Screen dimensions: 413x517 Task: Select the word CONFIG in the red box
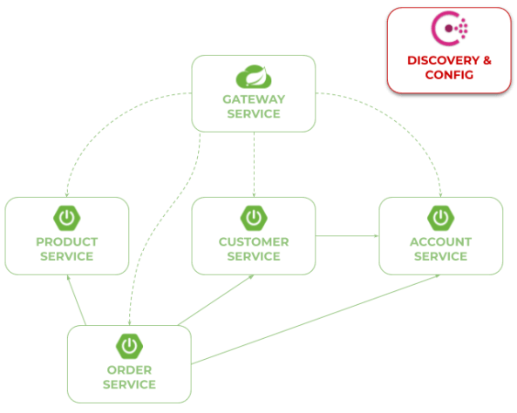pyautogui.click(x=449, y=75)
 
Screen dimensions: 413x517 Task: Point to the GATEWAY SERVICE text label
pyautogui.click(x=253, y=106)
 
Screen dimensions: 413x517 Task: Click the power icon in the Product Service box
pyautogui.click(x=66, y=217)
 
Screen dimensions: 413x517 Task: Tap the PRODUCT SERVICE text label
pyautogui.click(x=66, y=248)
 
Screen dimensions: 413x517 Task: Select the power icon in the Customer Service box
pyautogui.click(x=253, y=217)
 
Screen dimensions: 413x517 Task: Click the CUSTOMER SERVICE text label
pyautogui.click(x=253, y=248)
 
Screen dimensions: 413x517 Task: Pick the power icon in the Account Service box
pyautogui.click(x=440, y=217)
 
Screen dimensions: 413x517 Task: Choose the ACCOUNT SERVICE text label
pyautogui.click(x=440, y=248)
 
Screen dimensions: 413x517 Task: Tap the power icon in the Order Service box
pyautogui.click(x=129, y=346)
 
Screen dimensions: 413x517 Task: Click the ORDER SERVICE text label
pyautogui.click(x=129, y=376)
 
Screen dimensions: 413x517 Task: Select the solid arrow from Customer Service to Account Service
pyautogui.click(x=346, y=235)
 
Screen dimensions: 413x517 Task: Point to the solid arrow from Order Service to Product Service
pyautogui.click(x=77, y=301)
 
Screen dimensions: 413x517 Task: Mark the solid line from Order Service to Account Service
pyautogui.click(x=314, y=322)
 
